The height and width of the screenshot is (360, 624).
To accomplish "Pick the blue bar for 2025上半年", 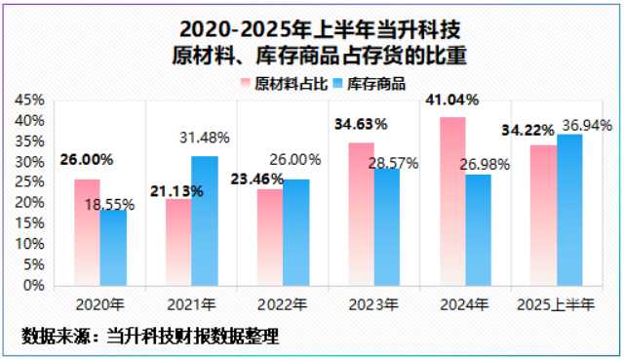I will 569,210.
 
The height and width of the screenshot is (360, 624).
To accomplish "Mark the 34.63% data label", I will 361,125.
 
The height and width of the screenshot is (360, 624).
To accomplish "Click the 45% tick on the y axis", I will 30,100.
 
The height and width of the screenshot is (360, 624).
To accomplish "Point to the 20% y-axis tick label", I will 30,203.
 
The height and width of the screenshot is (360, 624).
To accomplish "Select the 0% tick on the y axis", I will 34,286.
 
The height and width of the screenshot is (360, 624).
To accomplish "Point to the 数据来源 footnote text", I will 150,337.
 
